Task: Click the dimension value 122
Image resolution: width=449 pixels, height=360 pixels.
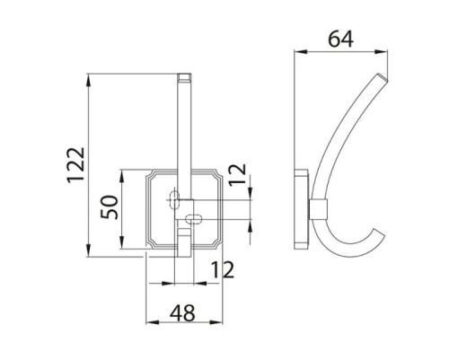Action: click(x=75, y=165)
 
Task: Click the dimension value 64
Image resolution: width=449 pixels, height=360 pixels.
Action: click(x=340, y=40)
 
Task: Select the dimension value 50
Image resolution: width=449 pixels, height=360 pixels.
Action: click(x=110, y=207)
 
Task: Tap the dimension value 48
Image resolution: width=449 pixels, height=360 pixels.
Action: click(x=182, y=313)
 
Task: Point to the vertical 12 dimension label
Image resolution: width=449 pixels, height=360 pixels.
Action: click(x=238, y=175)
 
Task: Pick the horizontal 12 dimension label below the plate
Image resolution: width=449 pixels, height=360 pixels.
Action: click(x=223, y=269)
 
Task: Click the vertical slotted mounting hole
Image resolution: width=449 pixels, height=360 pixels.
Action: click(x=174, y=199)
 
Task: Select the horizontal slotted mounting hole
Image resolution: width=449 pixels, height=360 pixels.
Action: click(x=194, y=219)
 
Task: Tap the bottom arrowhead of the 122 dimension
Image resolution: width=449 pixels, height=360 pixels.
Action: click(x=88, y=250)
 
